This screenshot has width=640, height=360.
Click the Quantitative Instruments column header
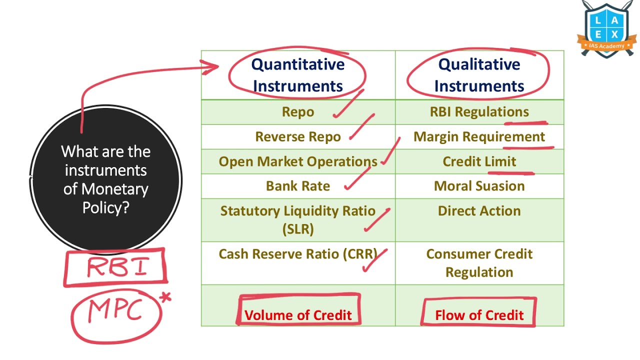[x=298, y=75]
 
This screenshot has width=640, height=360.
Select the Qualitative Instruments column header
[x=479, y=75]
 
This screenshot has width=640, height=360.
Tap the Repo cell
[x=298, y=111]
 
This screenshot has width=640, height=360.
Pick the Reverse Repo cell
[x=298, y=136]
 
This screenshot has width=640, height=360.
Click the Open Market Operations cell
[x=298, y=161]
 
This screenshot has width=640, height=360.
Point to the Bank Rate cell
[x=298, y=186]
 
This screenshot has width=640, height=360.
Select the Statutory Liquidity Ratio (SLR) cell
[x=298, y=219]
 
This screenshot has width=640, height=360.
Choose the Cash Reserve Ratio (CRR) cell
[x=298, y=254]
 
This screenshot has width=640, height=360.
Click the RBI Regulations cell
[x=479, y=111]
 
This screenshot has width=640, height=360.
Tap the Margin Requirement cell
[x=479, y=136]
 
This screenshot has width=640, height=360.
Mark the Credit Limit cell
[x=479, y=161]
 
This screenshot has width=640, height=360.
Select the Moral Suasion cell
[x=479, y=186]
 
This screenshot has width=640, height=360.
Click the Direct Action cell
[x=479, y=210]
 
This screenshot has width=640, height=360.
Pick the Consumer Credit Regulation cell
[x=479, y=263]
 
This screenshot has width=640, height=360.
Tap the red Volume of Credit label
[x=298, y=315]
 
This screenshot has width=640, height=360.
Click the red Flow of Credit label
[x=479, y=315]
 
